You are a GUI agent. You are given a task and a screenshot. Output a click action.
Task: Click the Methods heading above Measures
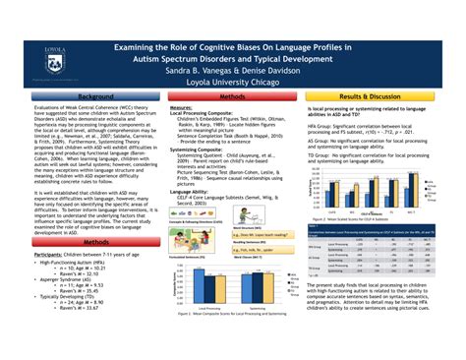[232, 97]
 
